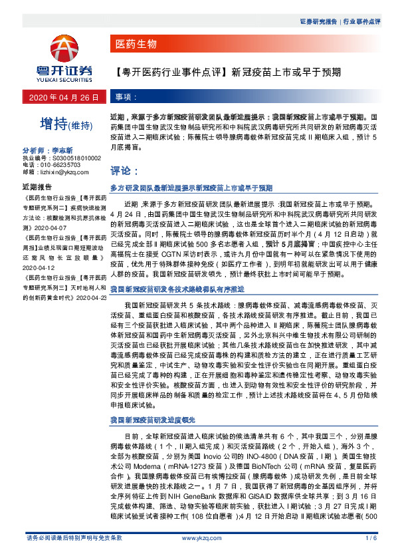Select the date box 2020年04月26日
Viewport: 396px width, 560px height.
coord(64,97)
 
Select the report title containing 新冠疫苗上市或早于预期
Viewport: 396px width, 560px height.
coord(229,70)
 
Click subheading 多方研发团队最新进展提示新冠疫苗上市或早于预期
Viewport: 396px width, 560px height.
coord(191,188)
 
